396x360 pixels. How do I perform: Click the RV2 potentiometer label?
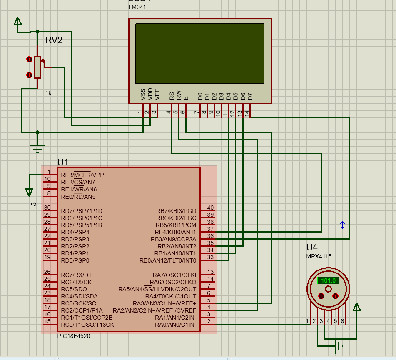click(x=54, y=40)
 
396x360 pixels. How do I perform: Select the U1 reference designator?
click(x=63, y=162)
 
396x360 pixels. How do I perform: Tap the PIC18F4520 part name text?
click(x=74, y=336)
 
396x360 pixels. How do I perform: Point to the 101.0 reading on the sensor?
click(x=328, y=280)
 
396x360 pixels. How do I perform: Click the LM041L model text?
click(x=139, y=7)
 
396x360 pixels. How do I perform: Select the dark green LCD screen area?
click(x=200, y=53)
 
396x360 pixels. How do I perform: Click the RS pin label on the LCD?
click(x=172, y=96)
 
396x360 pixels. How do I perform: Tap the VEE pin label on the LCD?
click(x=157, y=95)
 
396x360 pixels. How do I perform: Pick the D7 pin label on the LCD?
click(x=250, y=96)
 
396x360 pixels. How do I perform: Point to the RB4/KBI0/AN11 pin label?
click(x=175, y=232)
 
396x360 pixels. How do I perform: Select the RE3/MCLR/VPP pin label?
click(x=82, y=175)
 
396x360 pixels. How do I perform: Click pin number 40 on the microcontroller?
click(x=210, y=207)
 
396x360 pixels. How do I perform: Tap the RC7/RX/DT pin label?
click(x=76, y=275)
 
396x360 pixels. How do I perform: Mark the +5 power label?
click(x=33, y=204)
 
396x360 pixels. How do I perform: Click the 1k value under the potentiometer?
click(x=48, y=93)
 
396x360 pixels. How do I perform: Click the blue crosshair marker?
click(x=342, y=225)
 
